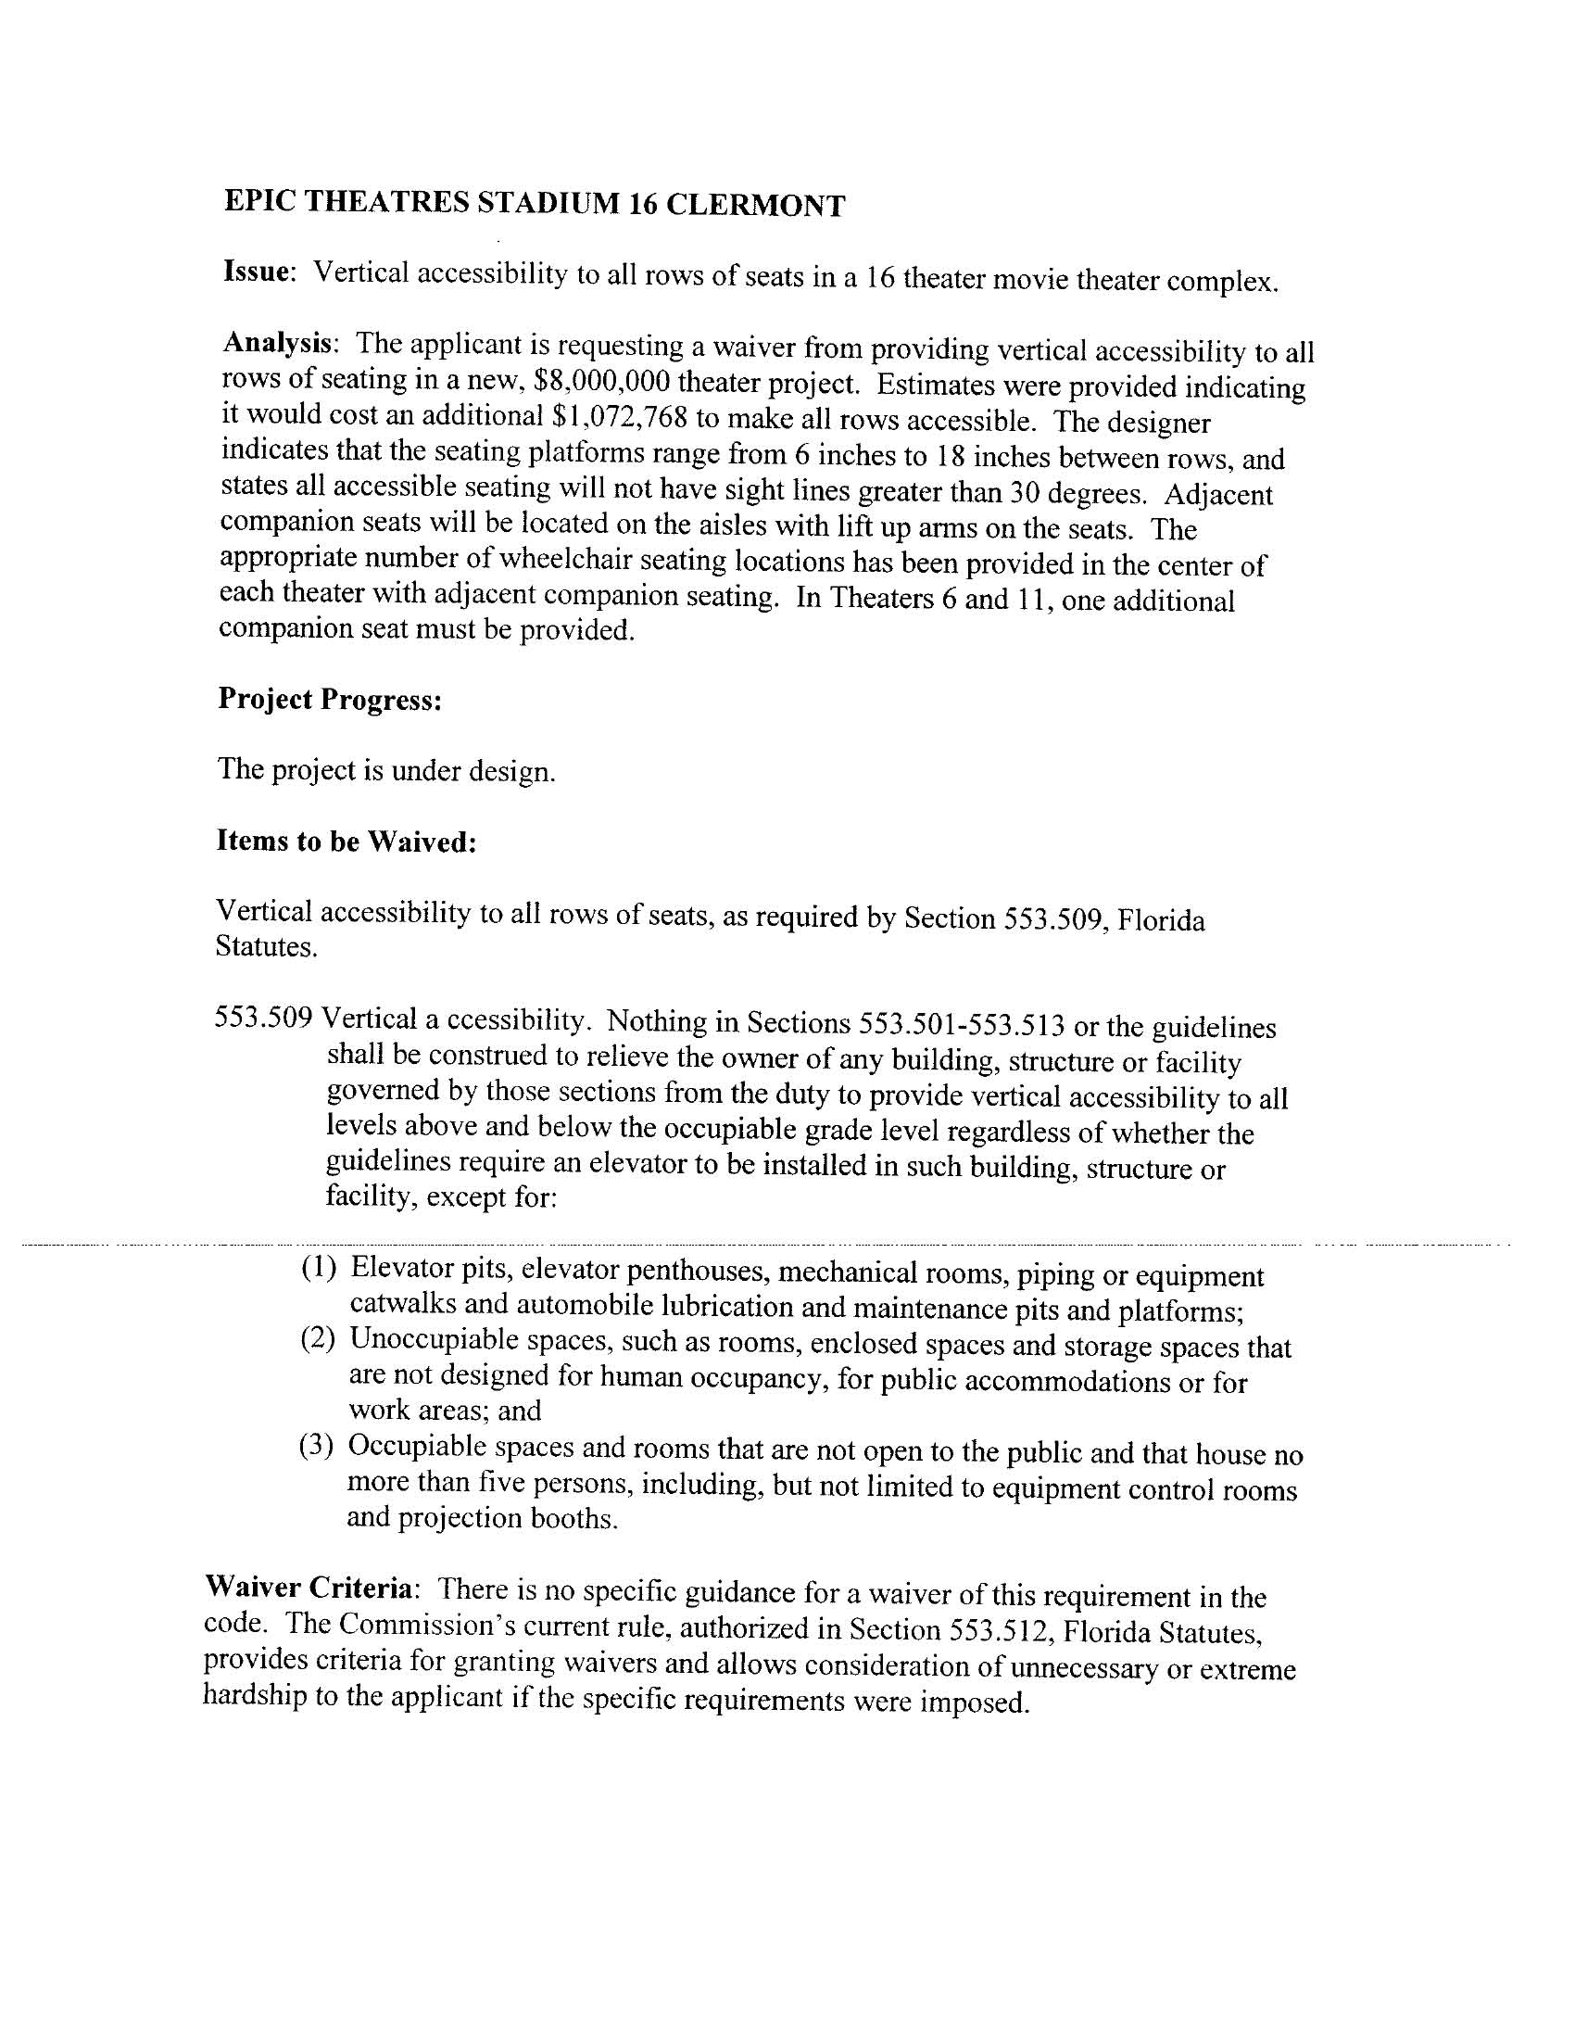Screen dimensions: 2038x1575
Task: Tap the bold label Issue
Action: [x=257, y=272]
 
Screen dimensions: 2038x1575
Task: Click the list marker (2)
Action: [x=317, y=1339]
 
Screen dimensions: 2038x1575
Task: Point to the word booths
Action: [x=573, y=1518]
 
